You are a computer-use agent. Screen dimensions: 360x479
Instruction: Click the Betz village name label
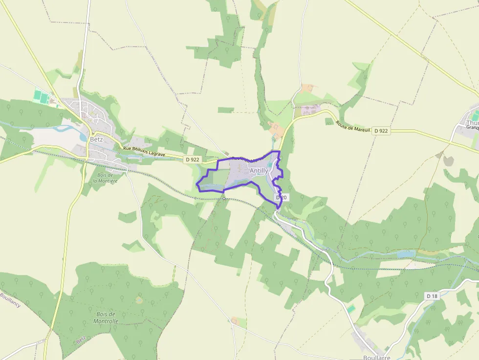96,139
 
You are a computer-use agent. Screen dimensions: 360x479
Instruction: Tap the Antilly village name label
259,170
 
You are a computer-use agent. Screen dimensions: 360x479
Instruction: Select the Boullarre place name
377,357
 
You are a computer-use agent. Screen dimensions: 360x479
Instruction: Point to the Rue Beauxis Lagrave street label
144,152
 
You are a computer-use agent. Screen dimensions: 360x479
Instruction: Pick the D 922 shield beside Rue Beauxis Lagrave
193,160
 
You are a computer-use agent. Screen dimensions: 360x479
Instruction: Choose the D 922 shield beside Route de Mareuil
381,131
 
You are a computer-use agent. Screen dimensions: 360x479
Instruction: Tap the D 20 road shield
280,197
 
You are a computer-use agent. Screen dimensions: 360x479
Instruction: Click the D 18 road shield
432,296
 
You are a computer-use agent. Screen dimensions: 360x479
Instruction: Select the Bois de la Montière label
105,178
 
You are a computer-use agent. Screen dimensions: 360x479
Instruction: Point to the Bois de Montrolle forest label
106,318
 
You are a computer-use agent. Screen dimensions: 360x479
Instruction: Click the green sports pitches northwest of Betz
42,96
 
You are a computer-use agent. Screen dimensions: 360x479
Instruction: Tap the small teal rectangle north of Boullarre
351,309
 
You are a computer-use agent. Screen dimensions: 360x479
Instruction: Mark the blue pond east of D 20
406,254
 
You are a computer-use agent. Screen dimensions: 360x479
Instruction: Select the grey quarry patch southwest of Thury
448,161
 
